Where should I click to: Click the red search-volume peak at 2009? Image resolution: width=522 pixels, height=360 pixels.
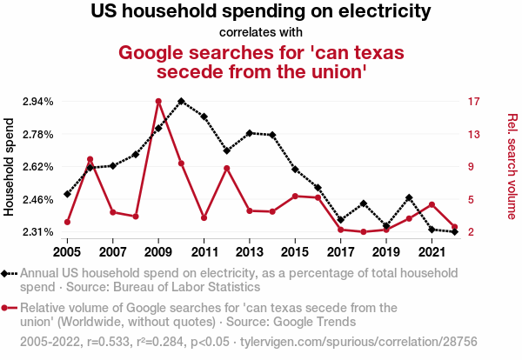(x=158, y=101)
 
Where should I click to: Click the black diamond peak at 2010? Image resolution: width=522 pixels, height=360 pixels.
(x=181, y=101)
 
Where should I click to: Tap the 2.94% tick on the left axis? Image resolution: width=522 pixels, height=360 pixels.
(x=37, y=102)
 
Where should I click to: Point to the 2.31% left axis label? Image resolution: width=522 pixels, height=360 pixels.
(x=37, y=232)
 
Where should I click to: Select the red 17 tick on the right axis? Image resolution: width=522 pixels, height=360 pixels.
(x=473, y=102)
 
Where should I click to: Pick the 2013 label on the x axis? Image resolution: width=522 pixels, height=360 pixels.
(x=250, y=252)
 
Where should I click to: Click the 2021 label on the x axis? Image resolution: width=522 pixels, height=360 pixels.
(x=432, y=252)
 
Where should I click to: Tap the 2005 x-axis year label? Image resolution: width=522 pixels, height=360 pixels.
(x=67, y=252)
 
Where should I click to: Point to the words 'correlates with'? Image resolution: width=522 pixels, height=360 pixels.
(x=261, y=33)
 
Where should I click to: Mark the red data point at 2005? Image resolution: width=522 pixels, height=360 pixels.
(x=67, y=222)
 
